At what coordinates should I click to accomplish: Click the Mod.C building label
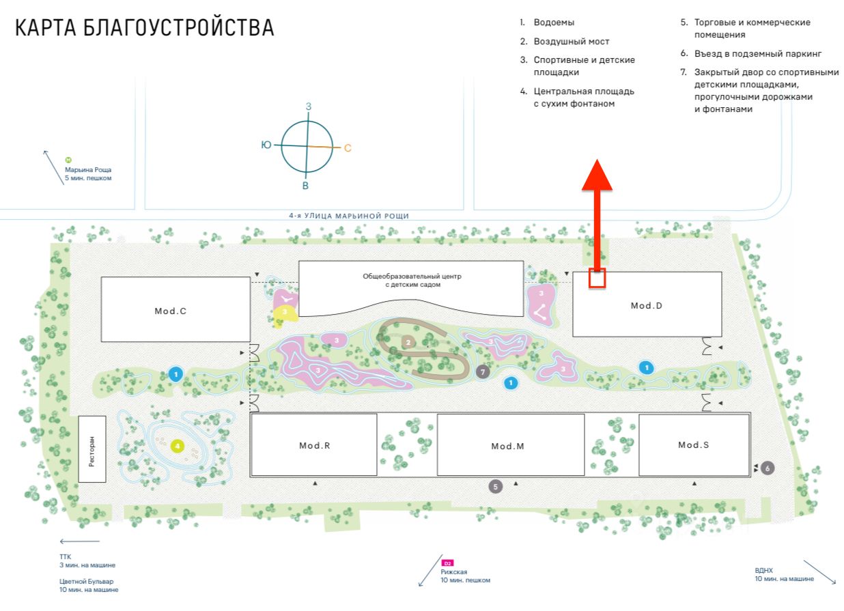(171, 311)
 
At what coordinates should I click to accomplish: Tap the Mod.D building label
(647, 306)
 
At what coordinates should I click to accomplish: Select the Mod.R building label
(315, 446)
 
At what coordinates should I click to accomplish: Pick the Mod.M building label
(507, 446)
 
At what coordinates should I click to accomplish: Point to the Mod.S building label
(694, 445)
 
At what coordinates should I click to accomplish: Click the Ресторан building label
(92, 449)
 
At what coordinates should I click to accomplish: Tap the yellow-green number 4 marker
(178, 446)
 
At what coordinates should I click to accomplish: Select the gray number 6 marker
(768, 468)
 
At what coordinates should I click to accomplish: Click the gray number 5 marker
(496, 487)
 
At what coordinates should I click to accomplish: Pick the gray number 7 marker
(483, 372)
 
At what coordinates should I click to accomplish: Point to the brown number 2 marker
(408, 342)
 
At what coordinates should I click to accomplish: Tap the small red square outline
(597, 278)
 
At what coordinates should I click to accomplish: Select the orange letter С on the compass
(348, 148)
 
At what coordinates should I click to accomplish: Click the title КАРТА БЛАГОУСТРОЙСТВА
(145, 28)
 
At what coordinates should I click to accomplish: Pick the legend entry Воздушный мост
(571, 42)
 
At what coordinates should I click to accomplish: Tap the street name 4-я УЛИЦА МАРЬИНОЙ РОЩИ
(349, 216)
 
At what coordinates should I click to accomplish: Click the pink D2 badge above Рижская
(448, 563)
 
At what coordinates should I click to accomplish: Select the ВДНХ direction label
(764, 569)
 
